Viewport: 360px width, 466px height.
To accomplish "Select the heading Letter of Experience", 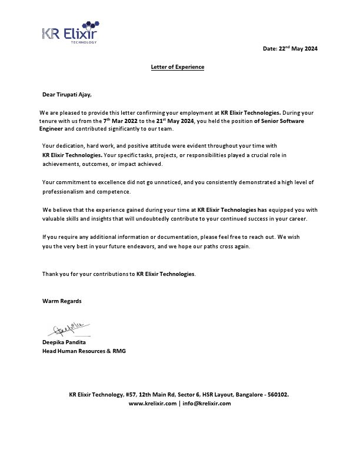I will pyautogui.click(x=178, y=67).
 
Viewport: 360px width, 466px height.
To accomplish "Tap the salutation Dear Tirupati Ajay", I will pyautogui.click(x=67, y=94).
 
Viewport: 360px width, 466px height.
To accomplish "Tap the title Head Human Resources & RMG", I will pyautogui.click(x=84, y=351).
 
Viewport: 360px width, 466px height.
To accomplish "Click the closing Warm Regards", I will pyautogui.click(x=62, y=301).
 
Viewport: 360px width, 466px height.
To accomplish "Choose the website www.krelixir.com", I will pyautogui.click(x=152, y=403).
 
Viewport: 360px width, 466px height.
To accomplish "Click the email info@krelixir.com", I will pyautogui.click(x=206, y=403).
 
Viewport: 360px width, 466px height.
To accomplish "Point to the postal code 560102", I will pyautogui.click(x=277, y=394).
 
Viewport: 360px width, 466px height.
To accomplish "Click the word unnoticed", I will pyautogui.click(x=162, y=182).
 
